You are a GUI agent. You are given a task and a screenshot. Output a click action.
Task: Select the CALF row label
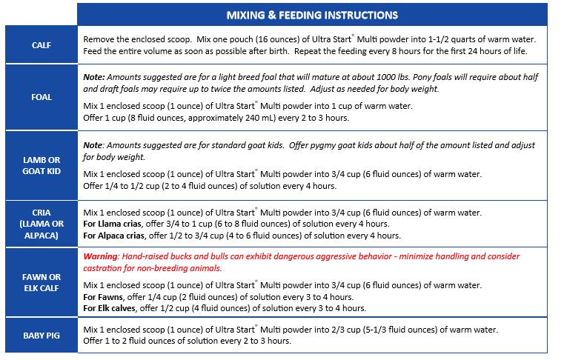tap(41, 44)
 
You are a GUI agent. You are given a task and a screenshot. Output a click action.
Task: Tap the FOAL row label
tap(41, 97)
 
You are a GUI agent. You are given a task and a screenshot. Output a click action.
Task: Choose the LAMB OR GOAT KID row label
tap(41, 165)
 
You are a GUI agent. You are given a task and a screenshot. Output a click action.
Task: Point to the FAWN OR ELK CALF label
tap(41, 283)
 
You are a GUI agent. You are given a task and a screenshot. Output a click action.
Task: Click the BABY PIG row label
tap(41, 335)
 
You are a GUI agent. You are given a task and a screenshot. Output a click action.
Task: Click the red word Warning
tap(102, 256)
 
